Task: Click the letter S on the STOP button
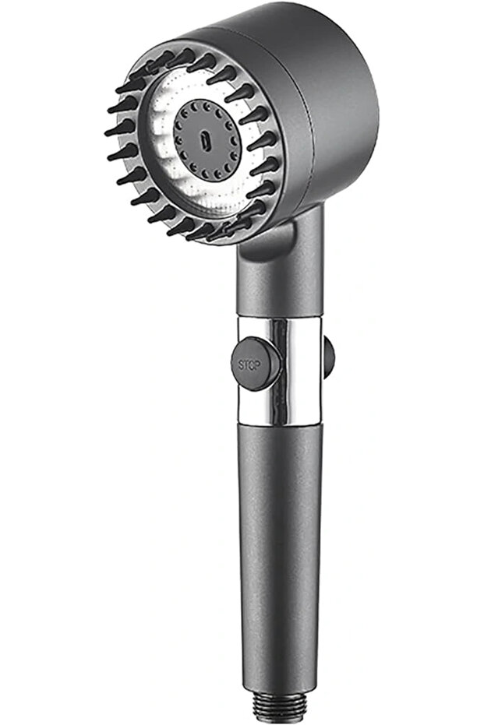click(x=242, y=364)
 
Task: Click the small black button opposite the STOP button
click(x=329, y=357)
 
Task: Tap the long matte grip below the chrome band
click(x=277, y=554)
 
